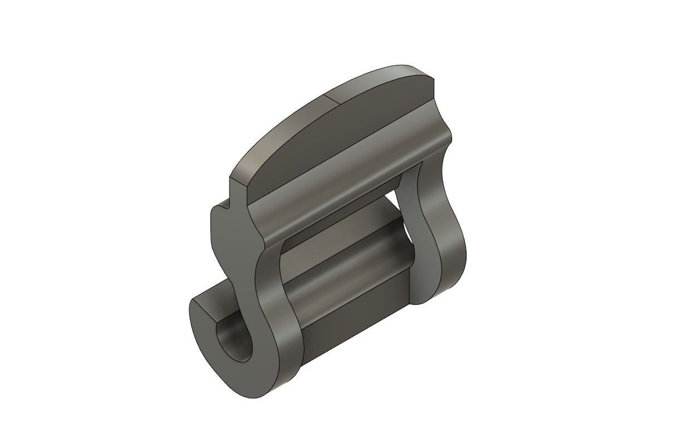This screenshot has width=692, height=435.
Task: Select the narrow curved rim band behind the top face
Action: (x=289, y=120)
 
